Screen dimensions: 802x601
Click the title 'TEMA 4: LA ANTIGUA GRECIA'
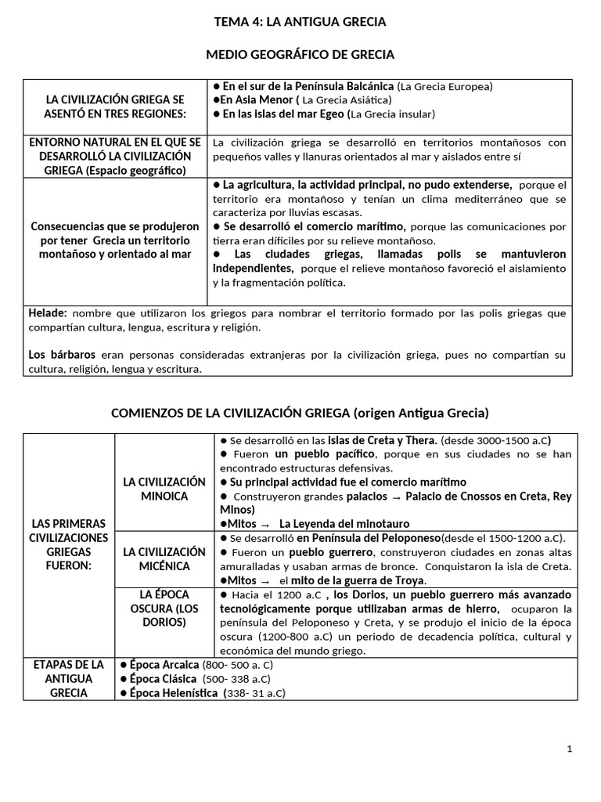coord(300,22)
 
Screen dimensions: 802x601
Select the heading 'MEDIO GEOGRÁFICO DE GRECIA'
coord(300,55)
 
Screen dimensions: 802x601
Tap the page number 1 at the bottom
coord(570,749)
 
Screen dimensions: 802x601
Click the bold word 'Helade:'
coord(48,312)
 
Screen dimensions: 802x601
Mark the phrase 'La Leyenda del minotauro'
coord(344,523)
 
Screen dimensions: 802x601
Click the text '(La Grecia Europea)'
coord(445,86)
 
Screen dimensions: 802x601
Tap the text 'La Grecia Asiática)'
coord(347,99)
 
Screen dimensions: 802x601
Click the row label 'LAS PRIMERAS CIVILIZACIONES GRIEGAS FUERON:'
coord(69,544)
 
